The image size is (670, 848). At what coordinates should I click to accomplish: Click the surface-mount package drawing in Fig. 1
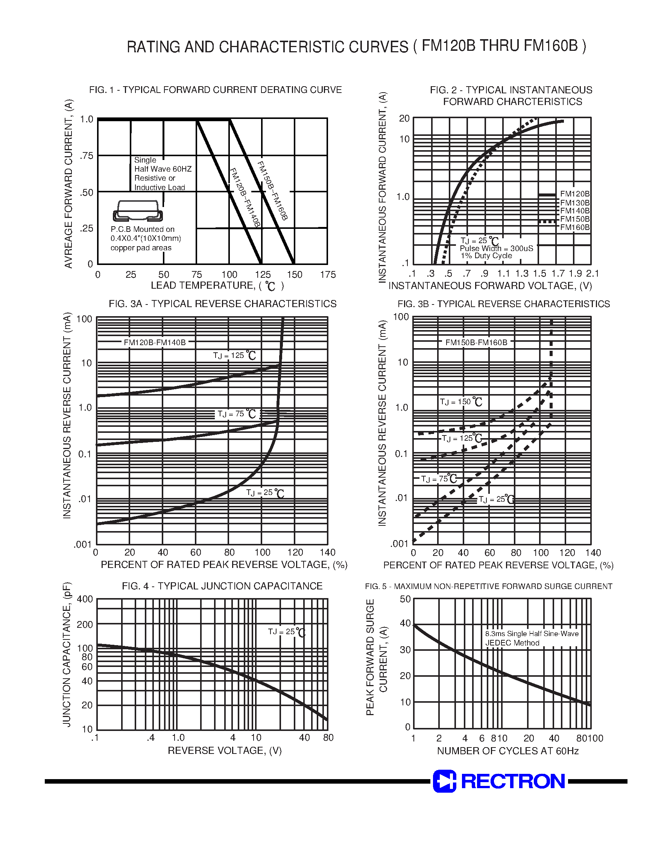(x=138, y=211)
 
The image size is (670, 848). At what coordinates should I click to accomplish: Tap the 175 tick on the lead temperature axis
(x=328, y=275)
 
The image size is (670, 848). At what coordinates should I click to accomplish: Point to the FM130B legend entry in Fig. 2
(x=575, y=203)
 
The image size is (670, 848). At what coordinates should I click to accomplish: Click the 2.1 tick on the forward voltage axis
(x=592, y=274)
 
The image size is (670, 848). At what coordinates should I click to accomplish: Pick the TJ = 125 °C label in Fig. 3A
(x=234, y=356)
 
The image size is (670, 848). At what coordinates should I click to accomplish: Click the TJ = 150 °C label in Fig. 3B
(x=460, y=402)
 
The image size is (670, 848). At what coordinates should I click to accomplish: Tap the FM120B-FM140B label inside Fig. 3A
(x=155, y=343)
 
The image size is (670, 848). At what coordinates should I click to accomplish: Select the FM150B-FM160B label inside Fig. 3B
(x=476, y=343)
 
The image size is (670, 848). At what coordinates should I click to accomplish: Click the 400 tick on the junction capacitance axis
(x=85, y=599)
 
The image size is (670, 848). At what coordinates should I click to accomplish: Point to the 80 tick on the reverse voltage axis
(x=328, y=738)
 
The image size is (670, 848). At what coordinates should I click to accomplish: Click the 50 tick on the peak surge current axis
(x=405, y=599)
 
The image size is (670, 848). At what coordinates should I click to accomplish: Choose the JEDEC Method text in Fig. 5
(x=512, y=643)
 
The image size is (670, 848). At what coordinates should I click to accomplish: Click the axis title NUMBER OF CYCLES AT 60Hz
(x=507, y=751)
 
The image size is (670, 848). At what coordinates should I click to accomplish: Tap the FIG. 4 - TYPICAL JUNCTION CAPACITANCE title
(x=222, y=586)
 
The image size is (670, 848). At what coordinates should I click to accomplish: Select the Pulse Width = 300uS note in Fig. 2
(x=496, y=248)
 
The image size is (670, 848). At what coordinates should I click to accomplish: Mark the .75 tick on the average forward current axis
(x=86, y=156)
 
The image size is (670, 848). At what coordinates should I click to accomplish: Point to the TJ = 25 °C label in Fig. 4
(x=286, y=632)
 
